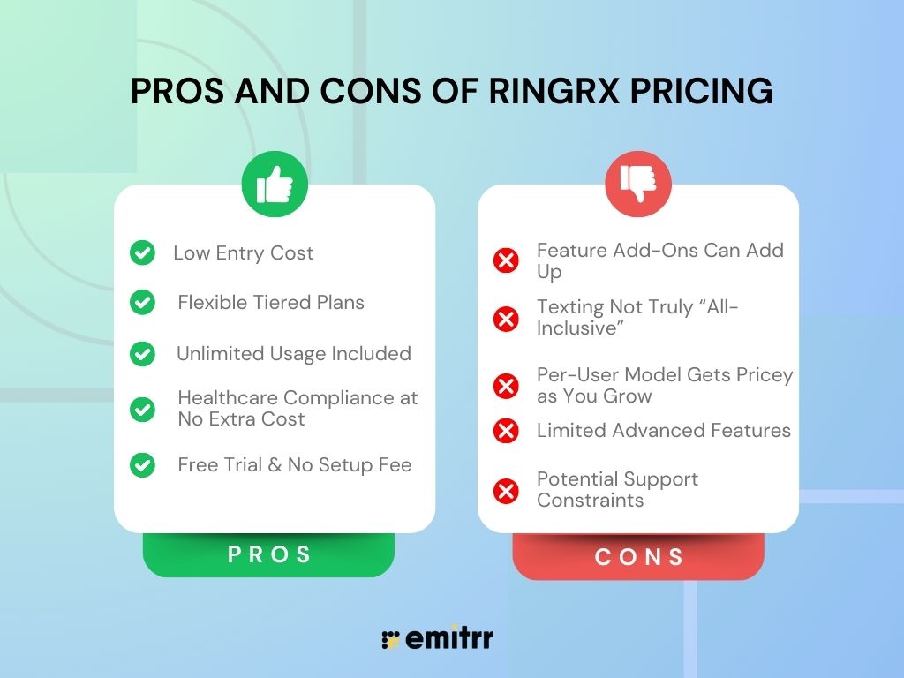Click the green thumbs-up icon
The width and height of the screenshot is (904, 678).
pos(275,184)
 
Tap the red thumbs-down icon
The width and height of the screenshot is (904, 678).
pos(637,184)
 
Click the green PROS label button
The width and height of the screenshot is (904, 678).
pos(269,554)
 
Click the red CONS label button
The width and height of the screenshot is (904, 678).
pos(638,557)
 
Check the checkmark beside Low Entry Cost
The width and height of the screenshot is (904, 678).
pos(142,253)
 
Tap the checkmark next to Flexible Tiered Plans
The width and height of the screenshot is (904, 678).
pos(142,303)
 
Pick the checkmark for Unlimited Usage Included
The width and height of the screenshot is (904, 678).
pos(142,354)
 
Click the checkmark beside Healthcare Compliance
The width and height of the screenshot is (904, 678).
pos(142,409)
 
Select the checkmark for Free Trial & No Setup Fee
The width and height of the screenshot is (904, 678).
pos(142,465)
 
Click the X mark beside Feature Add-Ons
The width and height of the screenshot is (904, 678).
pos(506,260)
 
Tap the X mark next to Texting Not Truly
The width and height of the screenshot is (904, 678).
pos(506,318)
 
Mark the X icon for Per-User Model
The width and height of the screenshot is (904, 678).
pos(506,386)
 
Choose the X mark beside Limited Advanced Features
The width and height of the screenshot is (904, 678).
pos(506,431)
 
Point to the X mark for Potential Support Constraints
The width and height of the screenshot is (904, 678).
pos(506,490)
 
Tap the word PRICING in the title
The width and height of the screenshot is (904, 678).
pos(699,91)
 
